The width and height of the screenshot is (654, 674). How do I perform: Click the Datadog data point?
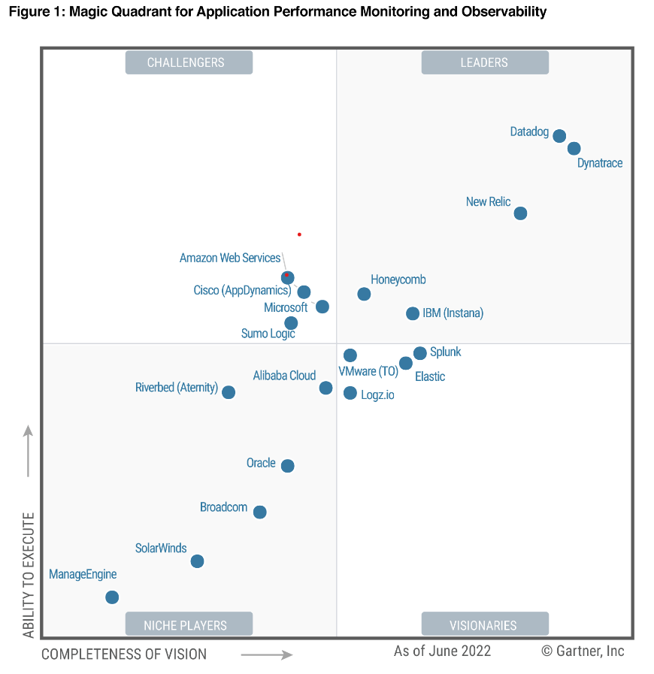pyautogui.click(x=559, y=136)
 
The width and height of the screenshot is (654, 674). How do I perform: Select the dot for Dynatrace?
pyautogui.click(x=574, y=149)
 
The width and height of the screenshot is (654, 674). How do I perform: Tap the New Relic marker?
pyautogui.click(x=520, y=213)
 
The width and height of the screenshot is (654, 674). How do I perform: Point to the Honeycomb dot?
pyautogui.click(x=364, y=294)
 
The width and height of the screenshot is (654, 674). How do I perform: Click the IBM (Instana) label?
pyautogui.click(x=453, y=313)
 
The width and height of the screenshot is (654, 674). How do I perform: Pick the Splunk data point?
pyautogui.click(x=420, y=353)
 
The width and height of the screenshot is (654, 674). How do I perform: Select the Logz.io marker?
pyautogui.click(x=350, y=393)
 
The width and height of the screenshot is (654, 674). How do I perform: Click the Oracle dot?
pyautogui.click(x=287, y=466)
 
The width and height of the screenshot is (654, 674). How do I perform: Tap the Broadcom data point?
pyautogui.click(x=260, y=512)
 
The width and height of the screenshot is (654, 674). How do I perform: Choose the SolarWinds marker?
pyautogui.click(x=197, y=561)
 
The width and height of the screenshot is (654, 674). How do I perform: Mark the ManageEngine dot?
pyautogui.click(x=112, y=597)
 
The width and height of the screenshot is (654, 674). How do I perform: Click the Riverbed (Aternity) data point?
pyautogui.click(x=229, y=392)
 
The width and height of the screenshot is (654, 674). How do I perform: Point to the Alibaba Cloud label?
pyautogui.click(x=284, y=376)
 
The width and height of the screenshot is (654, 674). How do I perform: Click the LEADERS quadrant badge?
pyautogui.click(x=485, y=62)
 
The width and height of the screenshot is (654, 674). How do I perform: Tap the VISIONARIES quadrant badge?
pyautogui.click(x=485, y=624)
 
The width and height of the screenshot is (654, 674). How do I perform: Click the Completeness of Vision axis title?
pyautogui.click(x=124, y=654)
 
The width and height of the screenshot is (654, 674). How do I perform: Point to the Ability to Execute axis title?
pyautogui.click(x=29, y=575)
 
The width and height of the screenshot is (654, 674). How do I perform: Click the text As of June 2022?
pyautogui.click(x=442, y=651)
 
